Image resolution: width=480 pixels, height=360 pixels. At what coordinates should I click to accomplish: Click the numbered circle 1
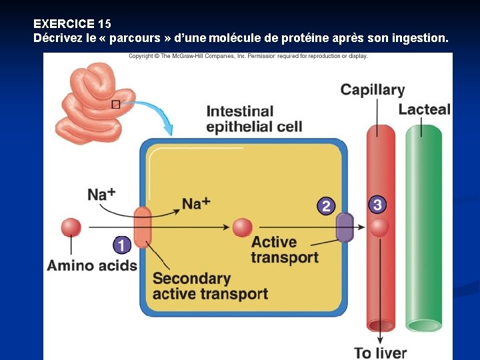coord(121,245)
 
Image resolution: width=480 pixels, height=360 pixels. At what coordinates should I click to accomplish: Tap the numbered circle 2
coord(325,206)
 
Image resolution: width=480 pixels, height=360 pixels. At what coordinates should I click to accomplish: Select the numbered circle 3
coord(377,205)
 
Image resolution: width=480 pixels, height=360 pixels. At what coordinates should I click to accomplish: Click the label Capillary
coord(372,90)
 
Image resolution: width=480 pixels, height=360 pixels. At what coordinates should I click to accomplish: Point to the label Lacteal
coord(425,109)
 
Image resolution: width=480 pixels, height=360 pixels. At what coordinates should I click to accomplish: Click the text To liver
coord(380,353)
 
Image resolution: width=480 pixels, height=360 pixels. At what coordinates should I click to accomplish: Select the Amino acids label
coord(92,265)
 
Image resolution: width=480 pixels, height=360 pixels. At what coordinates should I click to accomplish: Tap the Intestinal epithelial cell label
coord(254,119)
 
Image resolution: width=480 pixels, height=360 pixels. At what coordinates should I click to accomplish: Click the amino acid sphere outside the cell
coord(71,227)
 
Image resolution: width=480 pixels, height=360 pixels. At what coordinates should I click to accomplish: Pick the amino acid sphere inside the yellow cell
coord(242,227)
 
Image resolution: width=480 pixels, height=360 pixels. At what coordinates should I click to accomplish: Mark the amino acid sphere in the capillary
coord(379,228)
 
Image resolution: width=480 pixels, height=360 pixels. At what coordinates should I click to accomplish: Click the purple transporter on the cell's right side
coord(344,227)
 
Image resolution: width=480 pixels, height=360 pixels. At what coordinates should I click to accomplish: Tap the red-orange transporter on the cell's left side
coord(143,227)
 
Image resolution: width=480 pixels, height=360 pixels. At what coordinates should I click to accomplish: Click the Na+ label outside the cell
coord(101,194)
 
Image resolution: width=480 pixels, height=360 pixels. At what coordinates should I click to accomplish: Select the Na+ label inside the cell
coord(196,203)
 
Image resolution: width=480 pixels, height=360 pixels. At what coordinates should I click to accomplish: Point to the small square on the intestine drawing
coord(115,104)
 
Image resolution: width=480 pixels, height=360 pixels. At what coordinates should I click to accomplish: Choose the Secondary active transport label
coord(210,286)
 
